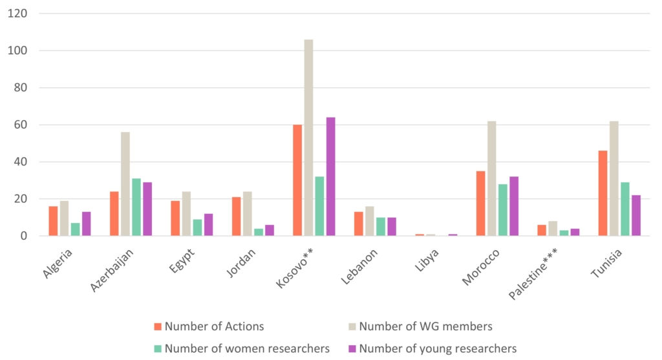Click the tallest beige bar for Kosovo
308,138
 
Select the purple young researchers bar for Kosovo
331,176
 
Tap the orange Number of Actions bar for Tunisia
603,193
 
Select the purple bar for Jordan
270,230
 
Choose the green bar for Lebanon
381,227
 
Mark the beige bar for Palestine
553,229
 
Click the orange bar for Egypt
175,218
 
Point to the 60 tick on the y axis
21,125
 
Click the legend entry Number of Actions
214,326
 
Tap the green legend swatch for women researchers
158,349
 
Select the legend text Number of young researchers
438,349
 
